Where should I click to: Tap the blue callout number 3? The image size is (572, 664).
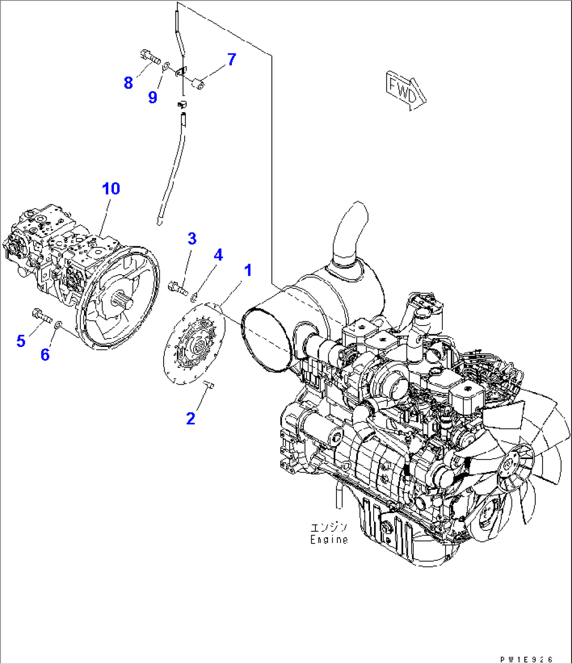click(192, 238)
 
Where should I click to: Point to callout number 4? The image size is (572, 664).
click(218, 255)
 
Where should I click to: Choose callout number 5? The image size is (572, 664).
click(21, 341)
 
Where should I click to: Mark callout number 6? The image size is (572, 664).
click(45, 355)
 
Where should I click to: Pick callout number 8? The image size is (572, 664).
click(129, 82)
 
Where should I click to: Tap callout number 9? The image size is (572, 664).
click(153, 97)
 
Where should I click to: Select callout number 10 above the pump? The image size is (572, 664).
click(111, 188)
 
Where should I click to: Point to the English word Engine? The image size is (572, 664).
click(329, 539)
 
